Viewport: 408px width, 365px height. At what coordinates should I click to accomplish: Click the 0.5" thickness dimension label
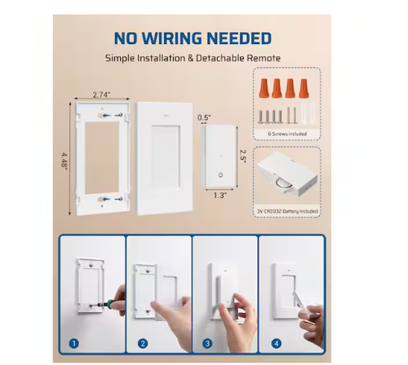click(x=204, y=117)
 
